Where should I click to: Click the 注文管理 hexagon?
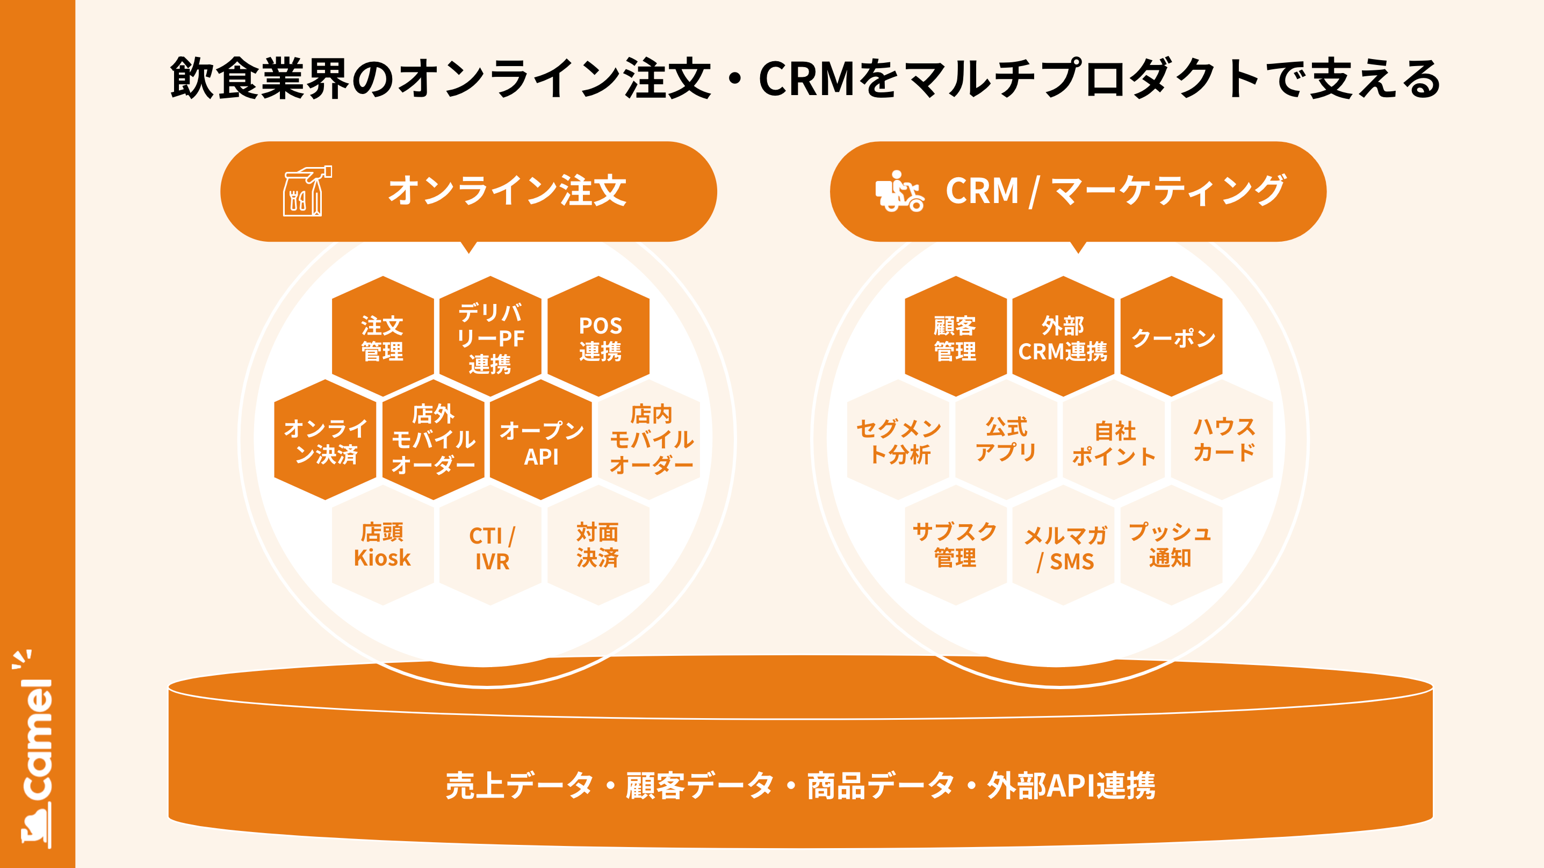[x=383, y=337]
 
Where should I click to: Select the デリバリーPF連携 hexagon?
[x=490, y=337]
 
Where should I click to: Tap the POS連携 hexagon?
[x=600, y=337]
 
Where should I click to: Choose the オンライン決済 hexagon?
[x=326, y=440]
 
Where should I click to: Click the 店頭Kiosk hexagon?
[x=383, y=545]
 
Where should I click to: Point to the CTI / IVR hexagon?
[x=491, y=547]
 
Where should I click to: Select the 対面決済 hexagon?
[x=598, y=545]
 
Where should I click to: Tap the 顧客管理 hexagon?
[x=955, y=337]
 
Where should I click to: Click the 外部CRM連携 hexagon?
[x=1063, y=337]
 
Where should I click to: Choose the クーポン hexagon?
[x=1172, y=337]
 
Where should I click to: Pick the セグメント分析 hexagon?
[x=898, y=440]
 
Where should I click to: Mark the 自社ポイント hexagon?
[x=1114, y=442]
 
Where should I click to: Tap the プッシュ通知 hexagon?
[x=1171, y=545]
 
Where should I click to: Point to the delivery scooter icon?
[x=899, y=192]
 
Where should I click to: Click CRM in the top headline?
[x=807, y=78]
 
